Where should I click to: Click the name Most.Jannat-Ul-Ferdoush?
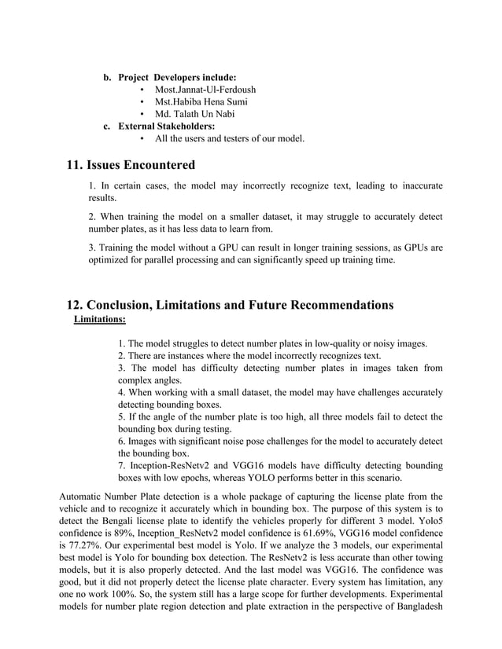[x=205, y=90]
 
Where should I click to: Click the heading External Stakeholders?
[x=166, y=126]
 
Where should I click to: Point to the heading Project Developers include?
[x=177, y=78]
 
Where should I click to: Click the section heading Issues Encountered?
[x=141, y=165]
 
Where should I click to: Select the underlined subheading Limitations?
[x=99, y=319]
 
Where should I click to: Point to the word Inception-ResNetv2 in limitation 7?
[x=170, y=464]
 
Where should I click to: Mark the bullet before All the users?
[x=141, y=139]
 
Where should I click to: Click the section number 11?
[x=75, y=165]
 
